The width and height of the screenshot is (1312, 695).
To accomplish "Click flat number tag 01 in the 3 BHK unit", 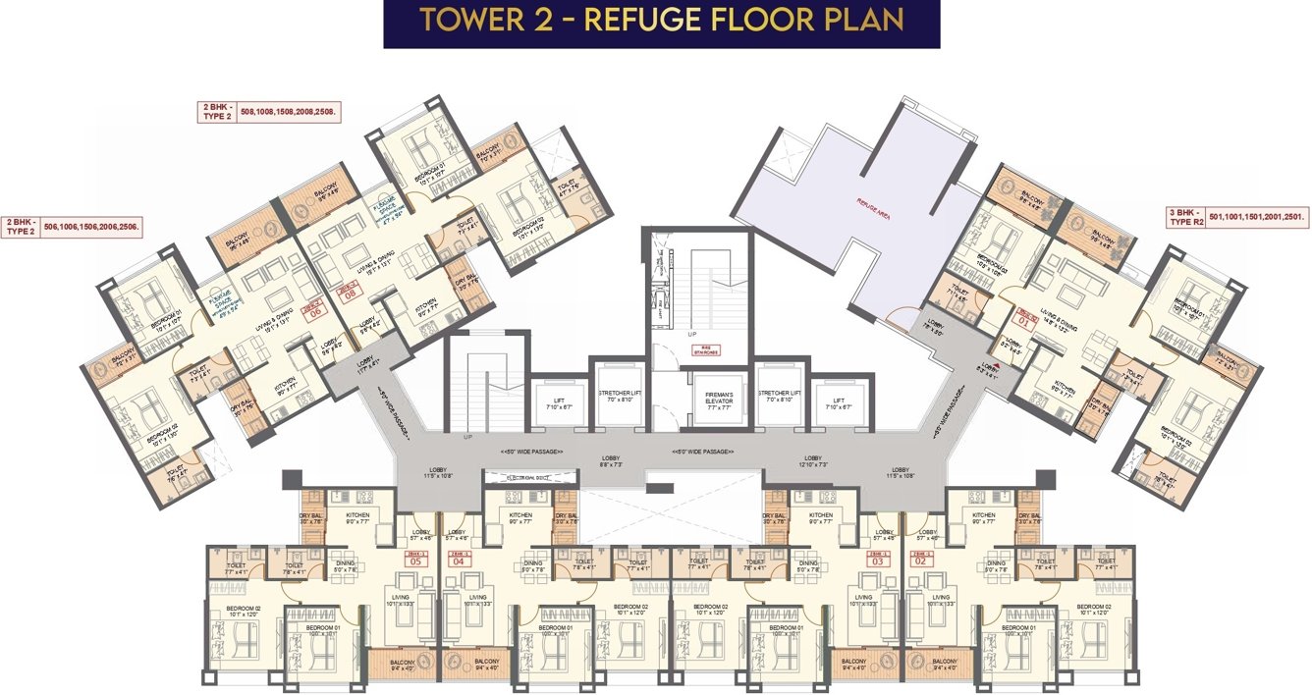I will click(1023, 317).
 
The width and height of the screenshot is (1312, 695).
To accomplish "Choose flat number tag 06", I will click(315, 311).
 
